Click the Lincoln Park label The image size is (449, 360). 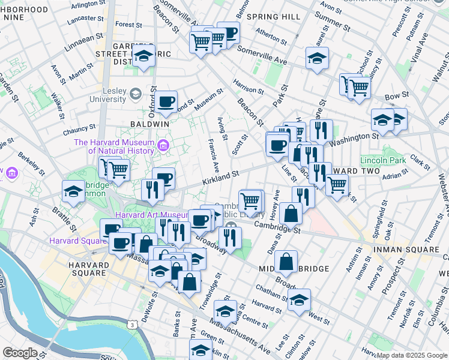click(383, 160)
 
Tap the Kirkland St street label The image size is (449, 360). click(220, 176)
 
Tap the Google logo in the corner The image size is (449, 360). click(19, 353)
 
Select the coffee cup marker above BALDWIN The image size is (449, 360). click(166, 101)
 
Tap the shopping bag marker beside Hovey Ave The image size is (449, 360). click(291, 214)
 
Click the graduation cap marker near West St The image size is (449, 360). click(299, 301)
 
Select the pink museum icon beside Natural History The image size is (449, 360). click(163, 145)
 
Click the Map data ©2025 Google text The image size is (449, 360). click(412, 355)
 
